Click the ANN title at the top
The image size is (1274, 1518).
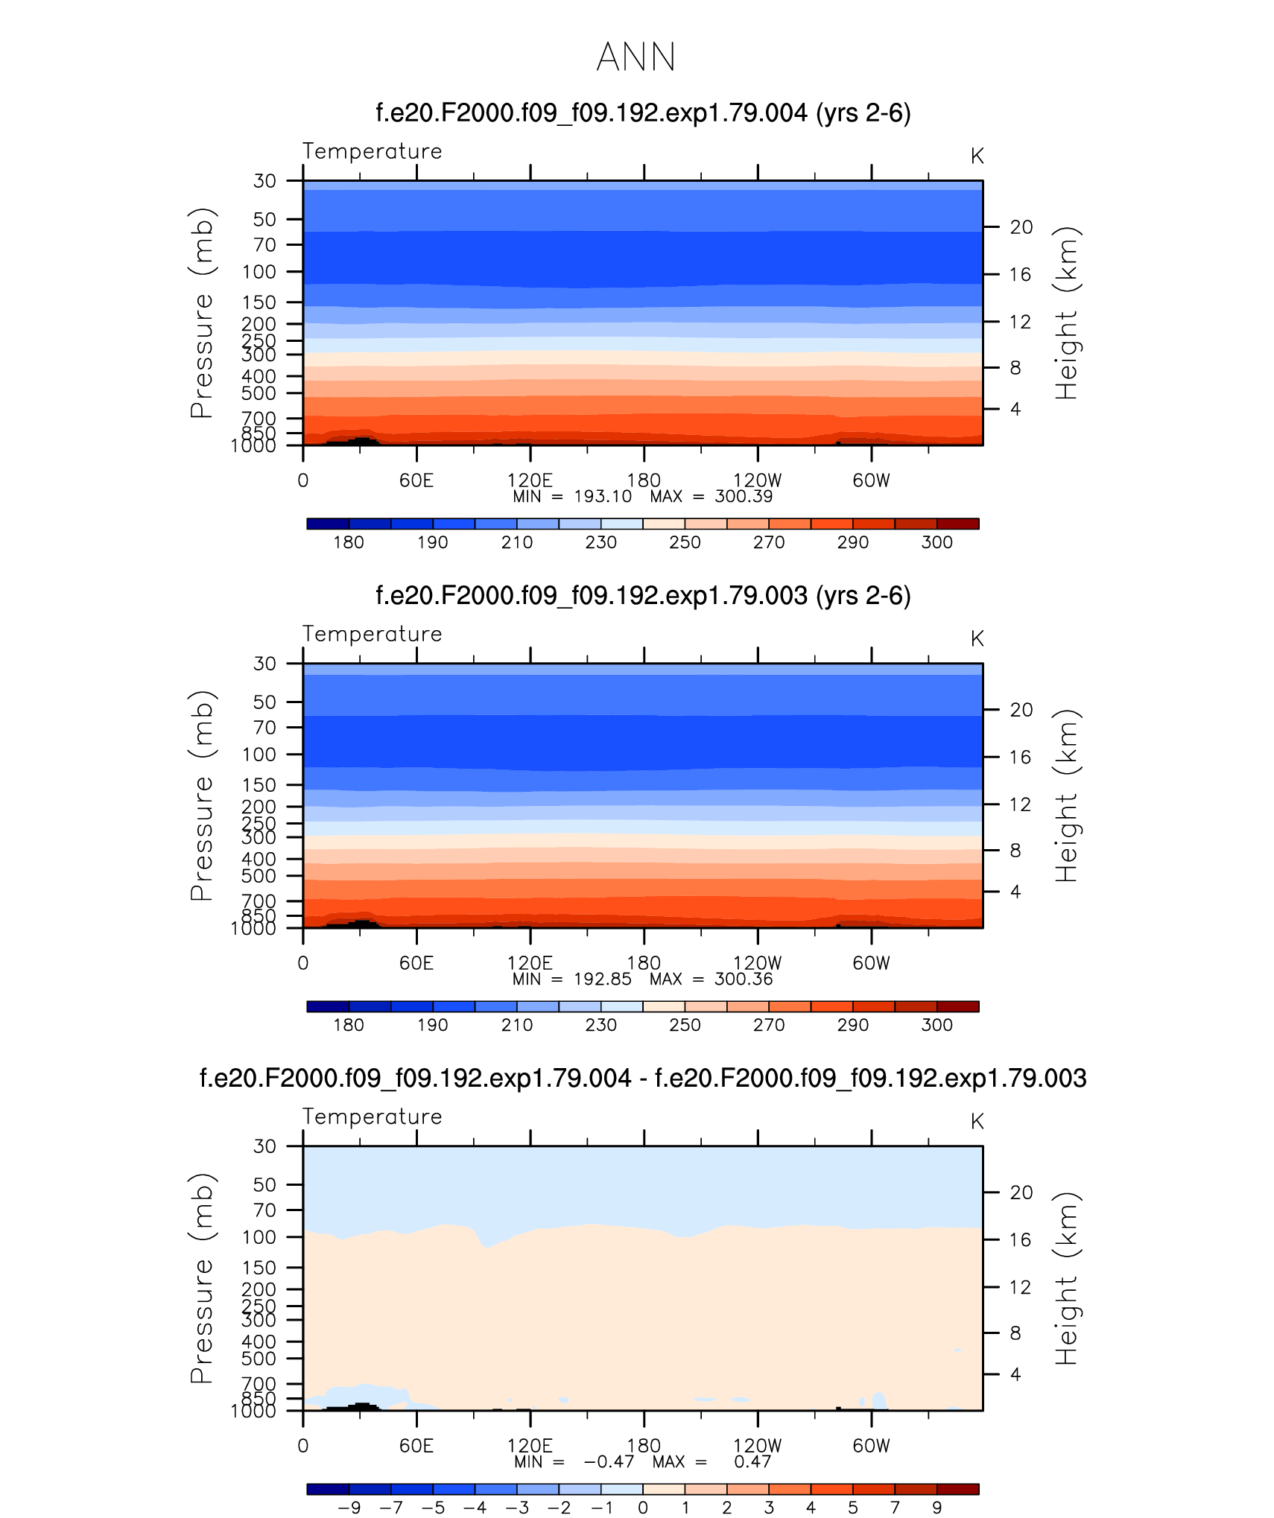pyautogui.click(x=636, y=57)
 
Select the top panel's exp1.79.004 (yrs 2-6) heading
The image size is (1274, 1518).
pyautogui.click(x=643, y=113)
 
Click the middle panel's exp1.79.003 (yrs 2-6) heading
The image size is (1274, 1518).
pyautogui.click(x=643, y=596)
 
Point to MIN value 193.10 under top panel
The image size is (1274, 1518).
pyautogui.click(x=603, y=497)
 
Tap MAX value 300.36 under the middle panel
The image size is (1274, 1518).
pyautogui.click(x=744, y=979)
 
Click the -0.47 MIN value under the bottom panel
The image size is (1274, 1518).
pyautogui.click(x=609, y=1461)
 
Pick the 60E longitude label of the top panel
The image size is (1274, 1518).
pyautogui.click(x=416, y=480)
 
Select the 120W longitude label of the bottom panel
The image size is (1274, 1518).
pyautogui.click(x=758, y=1446)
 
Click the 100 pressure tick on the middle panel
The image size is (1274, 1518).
pyautogui.click(x=259, y=755)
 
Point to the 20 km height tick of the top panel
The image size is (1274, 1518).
pyautogui.click(x=1021, y=227)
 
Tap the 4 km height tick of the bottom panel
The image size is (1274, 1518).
pyautogui.click(x=1015, y=1374)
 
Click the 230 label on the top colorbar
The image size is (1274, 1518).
pyautogui.click(x=600, y=542)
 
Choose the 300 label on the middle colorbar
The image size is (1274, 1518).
pyautogui.click(x=937, y=1025)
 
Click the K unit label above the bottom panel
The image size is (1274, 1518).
pyautogui.click(x=977, y=1121)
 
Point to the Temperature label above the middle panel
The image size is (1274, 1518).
pyautogui.click(x=372, y=634)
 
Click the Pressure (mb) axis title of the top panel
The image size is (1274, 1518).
pyautogui.click(x=201, y=313)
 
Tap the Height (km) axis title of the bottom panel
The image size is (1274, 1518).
pyautogui.click(x=1067, y=1278)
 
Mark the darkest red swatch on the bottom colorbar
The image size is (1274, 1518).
pyautogui.click(x=957, y=1489)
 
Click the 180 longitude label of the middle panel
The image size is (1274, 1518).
pyautogui.click(x=644, y=963)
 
